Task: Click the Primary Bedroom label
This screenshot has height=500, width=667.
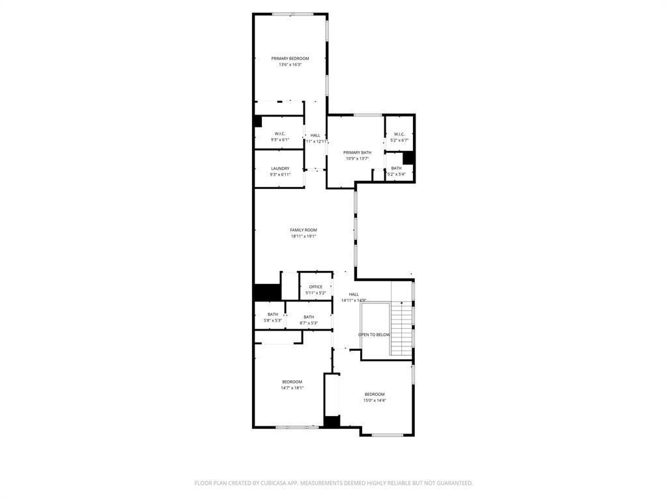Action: (290, 59)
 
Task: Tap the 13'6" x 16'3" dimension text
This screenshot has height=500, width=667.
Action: (290, 64)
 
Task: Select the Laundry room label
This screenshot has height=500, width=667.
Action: (280, 169)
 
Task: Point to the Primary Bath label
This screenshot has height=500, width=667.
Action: (357, 152)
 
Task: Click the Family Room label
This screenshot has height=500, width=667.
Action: (304, 230)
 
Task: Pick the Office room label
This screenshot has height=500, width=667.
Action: (316, 287)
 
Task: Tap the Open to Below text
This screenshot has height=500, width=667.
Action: (375, 335)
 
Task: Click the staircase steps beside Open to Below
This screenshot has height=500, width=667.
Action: (402, 329)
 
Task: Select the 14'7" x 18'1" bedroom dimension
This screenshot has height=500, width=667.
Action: (292, 388)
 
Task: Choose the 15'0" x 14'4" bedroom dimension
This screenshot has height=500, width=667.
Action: (375, 400)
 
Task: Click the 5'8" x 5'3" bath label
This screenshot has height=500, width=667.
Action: (272, 314)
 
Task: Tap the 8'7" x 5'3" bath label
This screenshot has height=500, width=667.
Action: (309, 317)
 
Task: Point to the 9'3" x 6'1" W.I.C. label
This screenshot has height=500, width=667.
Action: (280, 133)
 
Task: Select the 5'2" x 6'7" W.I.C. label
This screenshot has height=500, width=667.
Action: (399, 134)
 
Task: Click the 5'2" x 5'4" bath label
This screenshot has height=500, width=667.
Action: (396, 168)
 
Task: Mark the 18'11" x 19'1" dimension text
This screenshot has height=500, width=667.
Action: (304, 236)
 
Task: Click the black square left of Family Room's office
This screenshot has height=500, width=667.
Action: (266, 293)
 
